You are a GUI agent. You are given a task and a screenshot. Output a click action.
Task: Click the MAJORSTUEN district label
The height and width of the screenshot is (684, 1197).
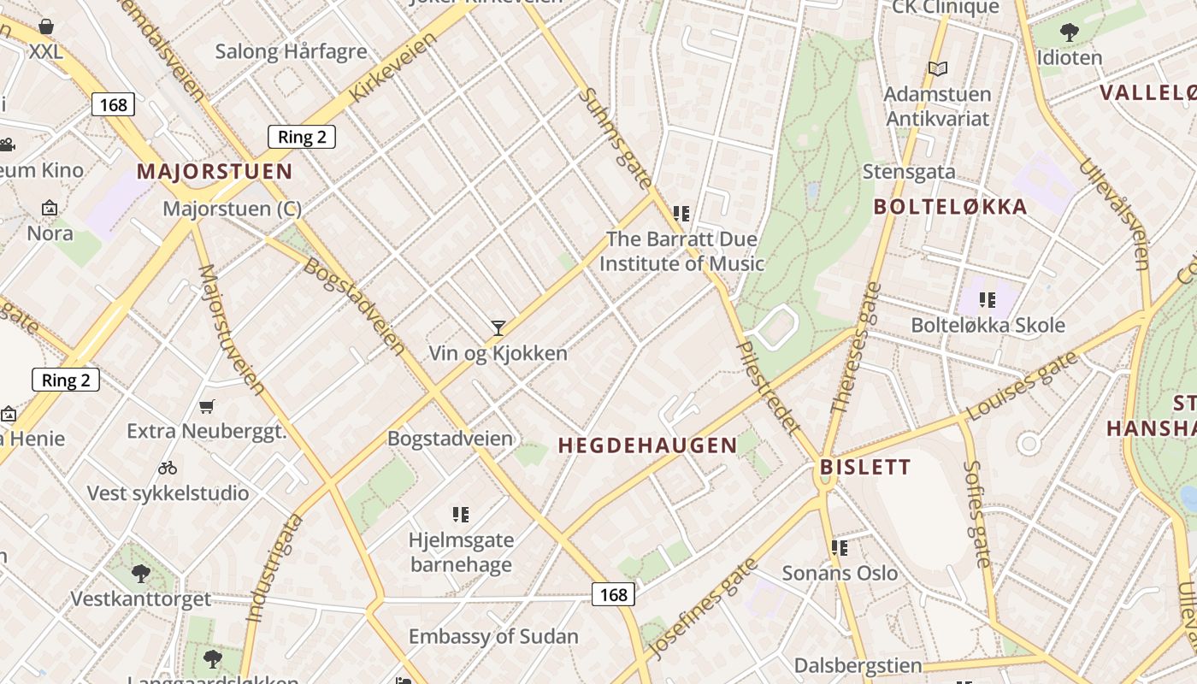coord(215,171)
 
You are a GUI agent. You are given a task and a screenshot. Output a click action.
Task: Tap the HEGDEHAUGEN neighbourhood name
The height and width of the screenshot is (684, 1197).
coord(647,445)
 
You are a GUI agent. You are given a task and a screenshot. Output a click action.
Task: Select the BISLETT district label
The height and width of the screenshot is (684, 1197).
coord(865,467)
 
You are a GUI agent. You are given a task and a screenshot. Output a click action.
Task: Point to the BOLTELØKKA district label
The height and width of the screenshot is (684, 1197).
coord(950,207)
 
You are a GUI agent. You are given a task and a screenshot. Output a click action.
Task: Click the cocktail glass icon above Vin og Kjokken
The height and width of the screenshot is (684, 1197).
coord(498,327)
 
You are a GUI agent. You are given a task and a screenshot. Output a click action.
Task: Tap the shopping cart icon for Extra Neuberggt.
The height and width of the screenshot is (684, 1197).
coord(206,406)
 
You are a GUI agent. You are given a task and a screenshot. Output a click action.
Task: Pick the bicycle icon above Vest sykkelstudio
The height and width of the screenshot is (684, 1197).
coord(168,468)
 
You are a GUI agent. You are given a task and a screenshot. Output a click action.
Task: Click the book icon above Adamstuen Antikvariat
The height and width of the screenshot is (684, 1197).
coord(937,68)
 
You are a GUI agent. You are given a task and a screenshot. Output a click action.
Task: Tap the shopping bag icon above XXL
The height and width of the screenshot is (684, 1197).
coord(46,27)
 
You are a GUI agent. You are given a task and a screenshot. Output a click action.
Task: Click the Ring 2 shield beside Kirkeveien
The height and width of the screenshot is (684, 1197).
coord(302,137)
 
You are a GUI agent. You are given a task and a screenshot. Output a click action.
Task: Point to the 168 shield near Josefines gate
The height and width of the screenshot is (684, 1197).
coord(613,594)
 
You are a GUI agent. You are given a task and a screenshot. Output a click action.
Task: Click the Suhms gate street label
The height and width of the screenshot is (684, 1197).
coord(615,138)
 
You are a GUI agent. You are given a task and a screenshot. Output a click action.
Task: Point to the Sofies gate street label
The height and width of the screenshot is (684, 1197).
coord(976,513)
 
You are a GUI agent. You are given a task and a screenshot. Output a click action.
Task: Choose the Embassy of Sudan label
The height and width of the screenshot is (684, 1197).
coord(493,637)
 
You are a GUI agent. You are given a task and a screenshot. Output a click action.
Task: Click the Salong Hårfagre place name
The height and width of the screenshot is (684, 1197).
coord(291,51)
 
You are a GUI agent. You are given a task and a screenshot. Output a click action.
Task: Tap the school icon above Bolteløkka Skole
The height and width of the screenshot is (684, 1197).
coord(988,300)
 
